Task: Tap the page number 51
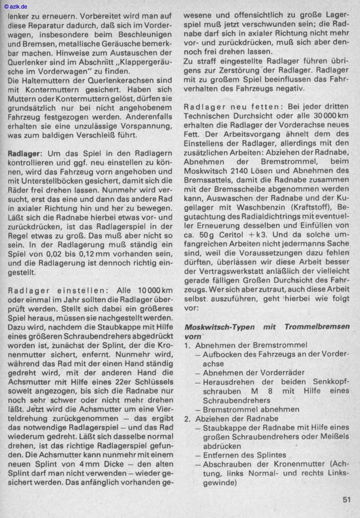(346, 500)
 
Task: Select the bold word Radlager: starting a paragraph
(25, 154)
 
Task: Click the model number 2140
(243, 170)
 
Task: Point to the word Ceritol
(230, 235)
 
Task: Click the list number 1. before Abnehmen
(188, 345)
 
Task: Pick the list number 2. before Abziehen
(188, 418)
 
